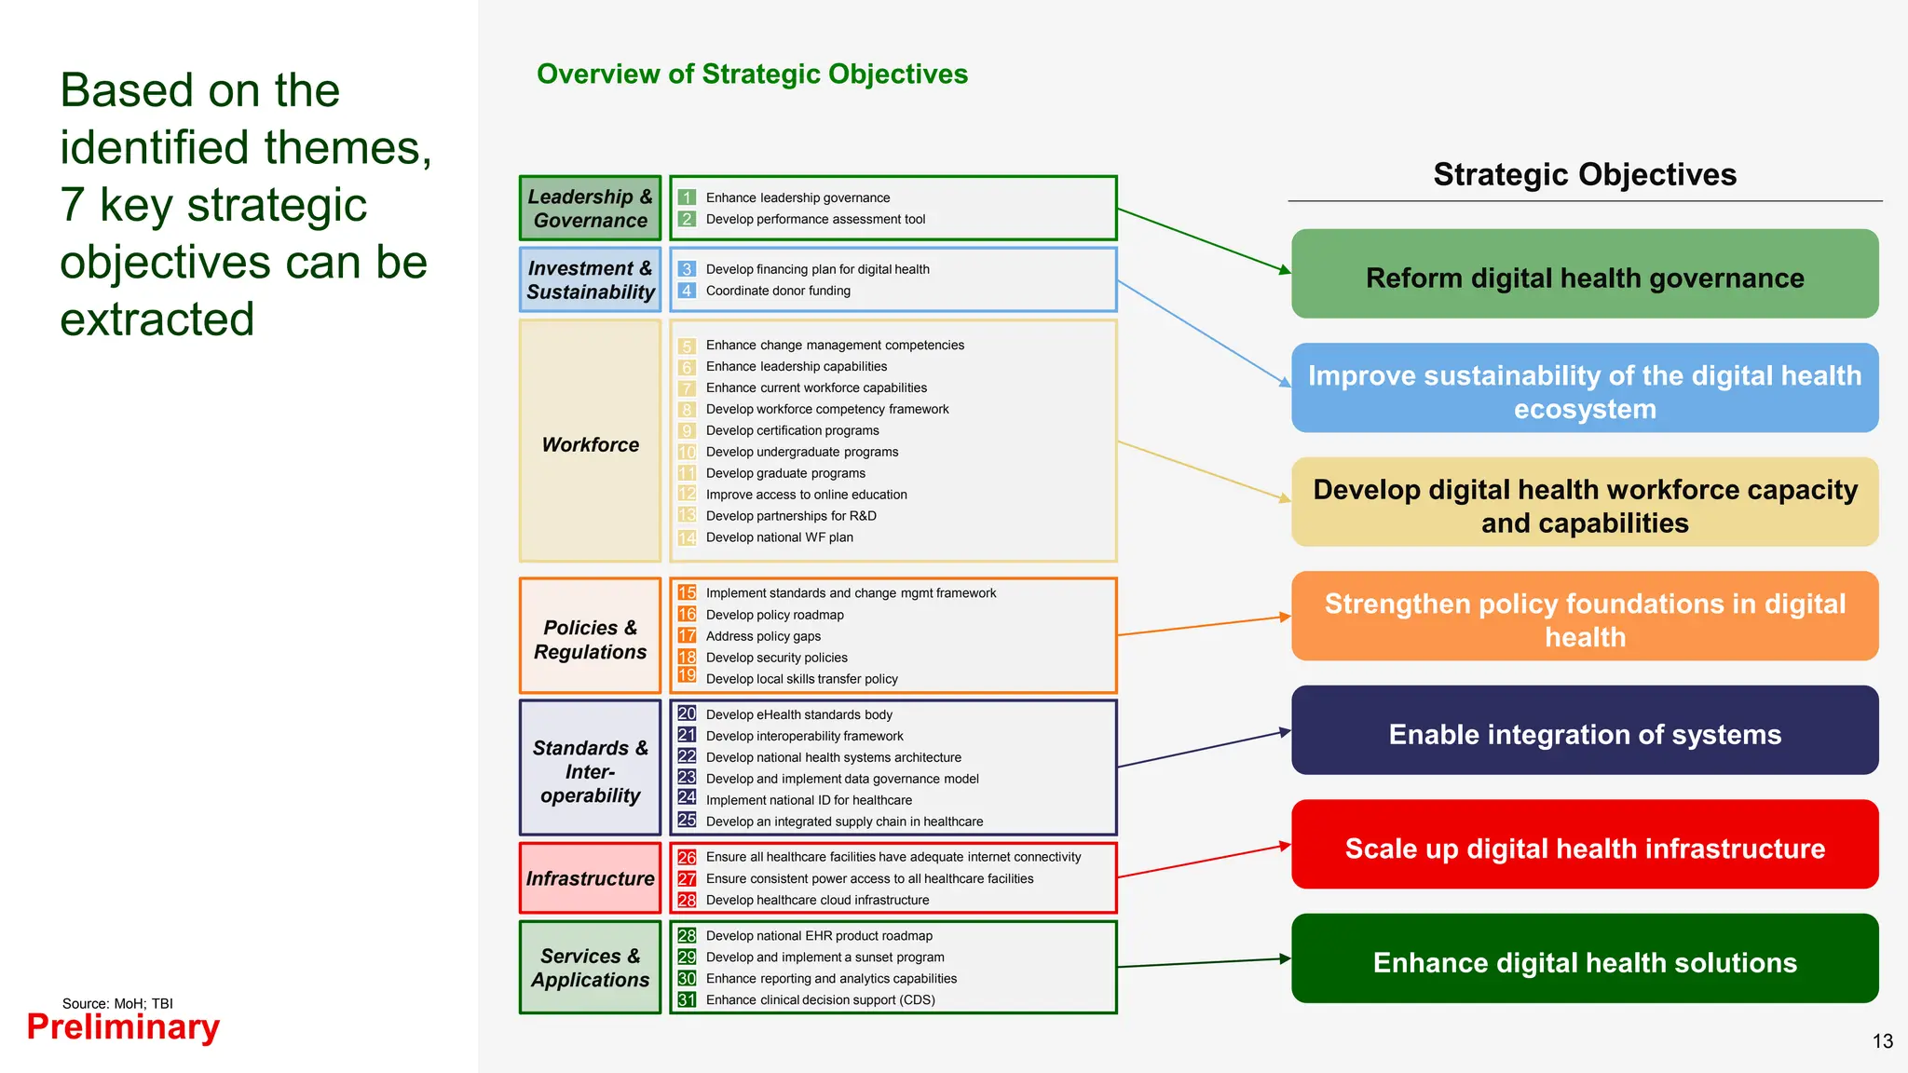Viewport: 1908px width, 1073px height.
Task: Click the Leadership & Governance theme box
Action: click(x=590, y=208)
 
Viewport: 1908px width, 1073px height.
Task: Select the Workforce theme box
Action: click(x=590, y=441)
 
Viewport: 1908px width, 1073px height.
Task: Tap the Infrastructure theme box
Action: click(x=590, y=877)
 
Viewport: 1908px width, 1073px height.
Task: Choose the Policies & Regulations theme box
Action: click(x=590, y=635)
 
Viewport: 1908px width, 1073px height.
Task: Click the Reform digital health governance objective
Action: click(x=1585, y=274)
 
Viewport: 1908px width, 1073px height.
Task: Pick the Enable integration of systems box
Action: click(x=1585, y=730)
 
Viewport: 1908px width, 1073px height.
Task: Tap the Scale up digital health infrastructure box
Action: click(x=1585, y=844)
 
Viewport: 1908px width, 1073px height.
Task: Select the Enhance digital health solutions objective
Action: click(x=1585, y=958)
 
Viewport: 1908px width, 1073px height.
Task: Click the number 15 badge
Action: click(x=687, y=592)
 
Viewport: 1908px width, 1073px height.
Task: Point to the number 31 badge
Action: click(x=687, y=999)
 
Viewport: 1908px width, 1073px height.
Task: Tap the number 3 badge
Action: click(x=687, y=269)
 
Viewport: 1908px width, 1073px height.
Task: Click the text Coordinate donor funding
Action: click(x=778, y=291)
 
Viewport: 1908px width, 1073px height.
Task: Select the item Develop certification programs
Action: click(x=792, y=430)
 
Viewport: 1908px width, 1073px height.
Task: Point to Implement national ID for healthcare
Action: click(x=809, y=800)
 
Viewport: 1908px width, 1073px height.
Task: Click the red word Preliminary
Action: click(x=123, y=1027)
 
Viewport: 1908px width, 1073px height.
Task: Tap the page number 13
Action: click(x=1883, y=1041)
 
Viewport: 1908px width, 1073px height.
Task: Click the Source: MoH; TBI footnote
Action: click(x=117, y=1003)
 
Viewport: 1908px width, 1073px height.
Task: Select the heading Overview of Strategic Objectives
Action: click(x=752, y=74)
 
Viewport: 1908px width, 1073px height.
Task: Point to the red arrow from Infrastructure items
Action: click(x=1205, y=861)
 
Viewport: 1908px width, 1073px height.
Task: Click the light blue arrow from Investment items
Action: click(x=1205, y=333)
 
